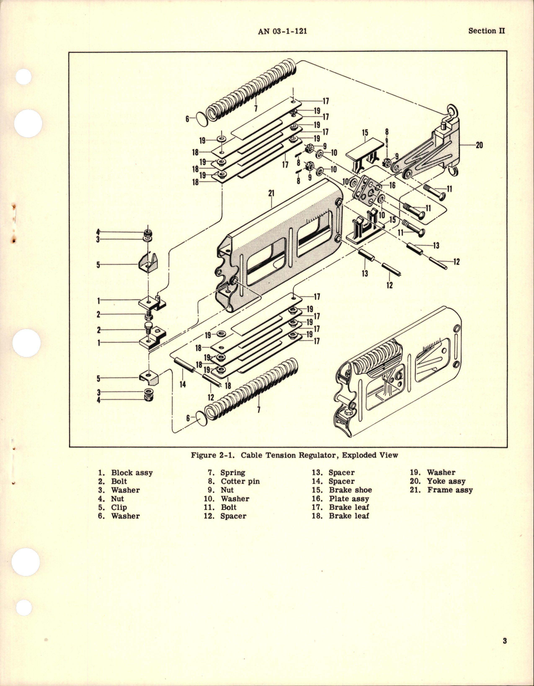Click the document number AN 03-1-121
(283, 31)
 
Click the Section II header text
(486, 31)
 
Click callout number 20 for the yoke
(479, 145)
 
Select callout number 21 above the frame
(271, 193)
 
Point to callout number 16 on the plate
(392, 185)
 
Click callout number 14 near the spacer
(183, 383)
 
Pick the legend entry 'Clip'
(118, 507)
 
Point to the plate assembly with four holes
(367, 191)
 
